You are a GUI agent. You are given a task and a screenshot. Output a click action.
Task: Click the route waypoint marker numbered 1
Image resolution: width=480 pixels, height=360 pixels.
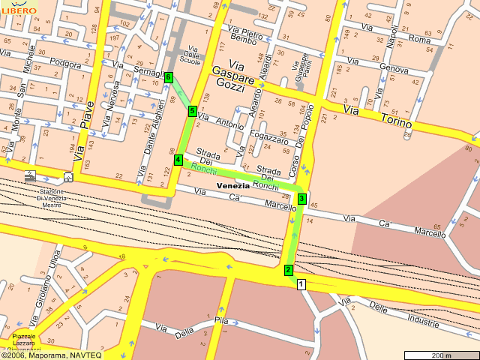pyautogui.click(x=301, y=284)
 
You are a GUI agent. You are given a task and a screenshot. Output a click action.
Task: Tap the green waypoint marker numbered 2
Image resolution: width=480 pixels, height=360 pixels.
pyautogui.click(x=288, y=270)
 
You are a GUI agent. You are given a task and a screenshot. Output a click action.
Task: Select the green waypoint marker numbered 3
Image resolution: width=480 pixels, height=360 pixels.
pyautogui.click(x=301, y=198)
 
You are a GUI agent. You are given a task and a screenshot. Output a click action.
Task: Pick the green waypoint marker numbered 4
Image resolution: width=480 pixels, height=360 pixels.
pyautogui.click(x=178, y=160)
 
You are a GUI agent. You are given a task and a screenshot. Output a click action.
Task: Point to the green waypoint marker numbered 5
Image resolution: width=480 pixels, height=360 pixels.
pyautogui.click(x=192, y=111)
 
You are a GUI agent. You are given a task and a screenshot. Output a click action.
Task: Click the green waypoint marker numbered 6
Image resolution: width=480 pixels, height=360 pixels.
pyautogui.click(x=169, y=77)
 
